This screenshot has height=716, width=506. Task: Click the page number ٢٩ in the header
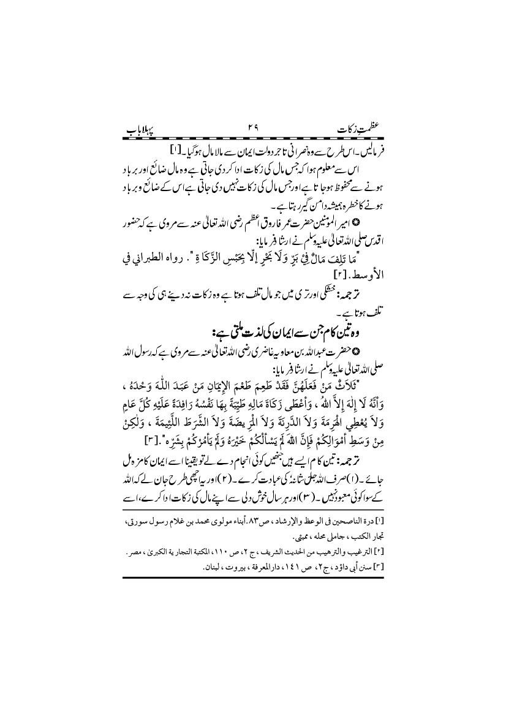coord(253,129)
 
